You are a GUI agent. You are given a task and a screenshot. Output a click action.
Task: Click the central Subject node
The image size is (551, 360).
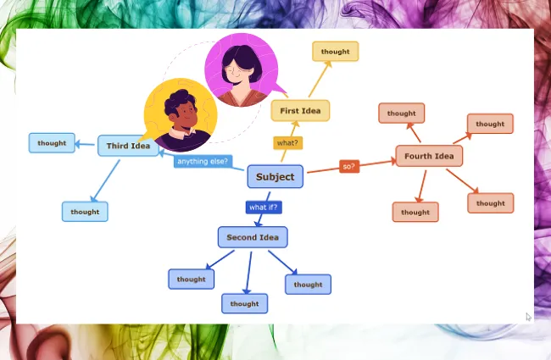pos(275,177)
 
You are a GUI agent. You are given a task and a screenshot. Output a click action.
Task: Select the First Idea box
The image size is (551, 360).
pos(300,111)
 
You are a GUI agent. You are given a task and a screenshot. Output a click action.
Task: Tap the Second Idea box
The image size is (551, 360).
pos(253,238)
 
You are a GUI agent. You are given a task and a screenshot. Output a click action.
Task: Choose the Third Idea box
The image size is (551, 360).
pos(128,146)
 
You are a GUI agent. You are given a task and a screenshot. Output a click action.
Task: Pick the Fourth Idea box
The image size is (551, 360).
pos(429,156)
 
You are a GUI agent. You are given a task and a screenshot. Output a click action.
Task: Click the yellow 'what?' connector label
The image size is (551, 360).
pos(287,142)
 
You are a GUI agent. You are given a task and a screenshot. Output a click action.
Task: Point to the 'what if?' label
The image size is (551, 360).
pos(263,207)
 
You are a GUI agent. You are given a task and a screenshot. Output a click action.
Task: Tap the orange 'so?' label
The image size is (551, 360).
pos(348,167)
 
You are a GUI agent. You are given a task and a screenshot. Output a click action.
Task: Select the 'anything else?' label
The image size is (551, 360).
pos(203,161)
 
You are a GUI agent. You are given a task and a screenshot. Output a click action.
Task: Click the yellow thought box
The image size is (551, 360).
pos(335,52)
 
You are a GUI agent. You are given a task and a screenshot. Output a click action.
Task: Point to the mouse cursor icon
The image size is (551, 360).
pos(528,317)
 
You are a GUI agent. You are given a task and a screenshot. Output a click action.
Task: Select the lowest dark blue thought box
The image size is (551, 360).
pos(244,303)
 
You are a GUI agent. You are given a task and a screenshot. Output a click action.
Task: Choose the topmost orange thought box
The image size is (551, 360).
pos(402,114)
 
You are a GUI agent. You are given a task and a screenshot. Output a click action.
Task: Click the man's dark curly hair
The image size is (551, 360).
pos(180,101)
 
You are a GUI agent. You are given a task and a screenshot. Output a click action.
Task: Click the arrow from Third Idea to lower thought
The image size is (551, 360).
pos(105,179)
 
